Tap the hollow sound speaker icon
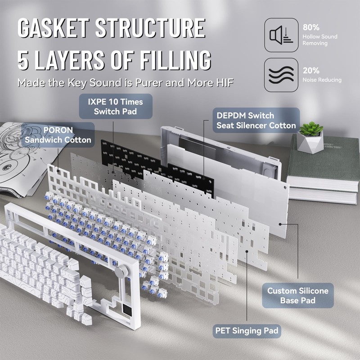click(281, 35)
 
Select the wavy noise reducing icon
click(281, 75)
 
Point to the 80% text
click(311, 27)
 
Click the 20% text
click(311, 71)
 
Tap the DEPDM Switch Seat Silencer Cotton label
click(256, 121)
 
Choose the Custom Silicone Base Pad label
click(297, 295)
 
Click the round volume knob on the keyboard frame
click(121, 272)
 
